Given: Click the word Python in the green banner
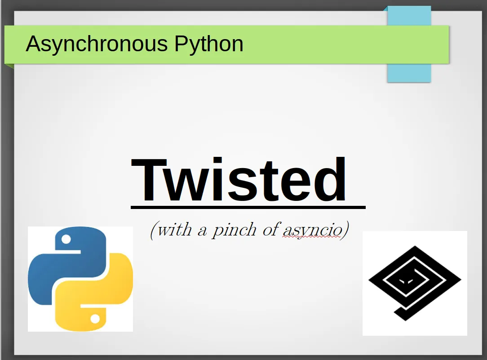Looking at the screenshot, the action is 209,44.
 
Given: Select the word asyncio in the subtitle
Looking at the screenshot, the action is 312,231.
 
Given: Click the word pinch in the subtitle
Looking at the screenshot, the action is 234,231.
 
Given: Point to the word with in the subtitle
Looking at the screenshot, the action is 174,230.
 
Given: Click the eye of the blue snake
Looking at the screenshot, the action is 66,239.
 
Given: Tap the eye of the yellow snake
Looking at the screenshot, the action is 95,318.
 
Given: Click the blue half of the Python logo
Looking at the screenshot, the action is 62,264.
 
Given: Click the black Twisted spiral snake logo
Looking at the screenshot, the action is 415,283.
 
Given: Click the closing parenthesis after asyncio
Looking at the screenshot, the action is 345,231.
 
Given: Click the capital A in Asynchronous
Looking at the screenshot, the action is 34,44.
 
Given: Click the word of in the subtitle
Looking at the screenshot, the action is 271,230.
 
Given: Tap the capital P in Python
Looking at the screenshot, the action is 181,44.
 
